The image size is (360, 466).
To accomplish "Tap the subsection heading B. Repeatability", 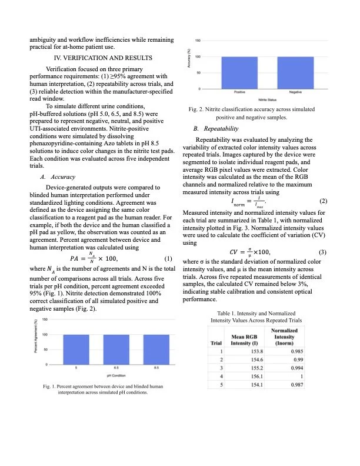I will tap(215, 128).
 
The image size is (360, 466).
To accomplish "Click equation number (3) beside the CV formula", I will tap(321, 252).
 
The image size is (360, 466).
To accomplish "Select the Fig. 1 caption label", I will tap(50, 386).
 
